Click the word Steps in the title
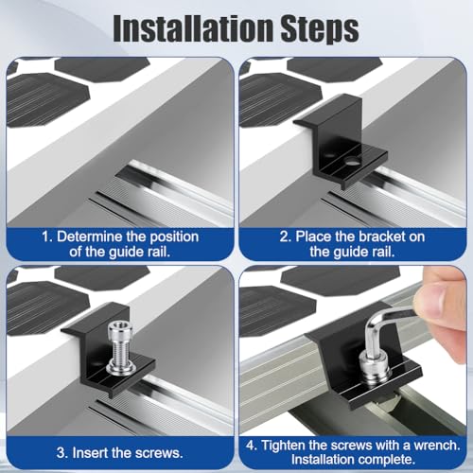click(320, 30)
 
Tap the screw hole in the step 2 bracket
click(352, 162)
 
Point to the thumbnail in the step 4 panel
click(434, 300)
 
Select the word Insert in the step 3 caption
click(90, 453)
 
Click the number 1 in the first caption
click(46, 236)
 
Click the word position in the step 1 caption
click(174, 237)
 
